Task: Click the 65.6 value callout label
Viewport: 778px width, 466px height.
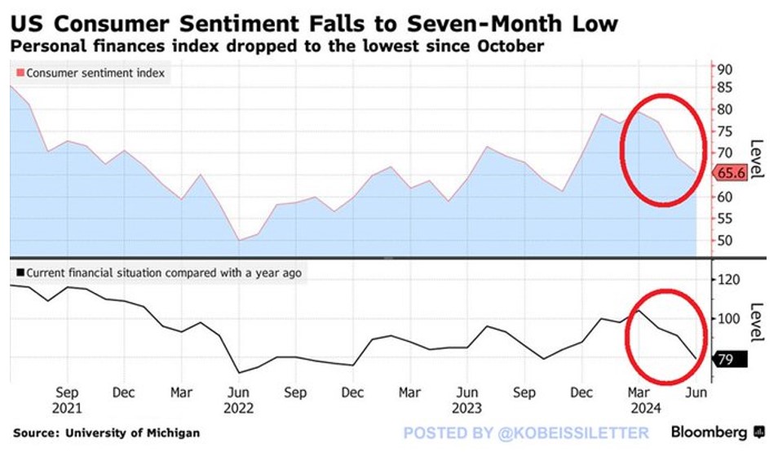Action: [731, 173]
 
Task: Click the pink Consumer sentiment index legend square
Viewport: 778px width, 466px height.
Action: [20, 73]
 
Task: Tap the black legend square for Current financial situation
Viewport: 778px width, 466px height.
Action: [20, 273]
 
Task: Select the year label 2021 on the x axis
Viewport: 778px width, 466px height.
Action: [69, 407]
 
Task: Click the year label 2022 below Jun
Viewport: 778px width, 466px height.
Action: [238, 407]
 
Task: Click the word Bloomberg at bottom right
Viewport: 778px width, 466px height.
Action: [709, 432]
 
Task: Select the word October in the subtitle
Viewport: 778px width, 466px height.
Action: [510, 46]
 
